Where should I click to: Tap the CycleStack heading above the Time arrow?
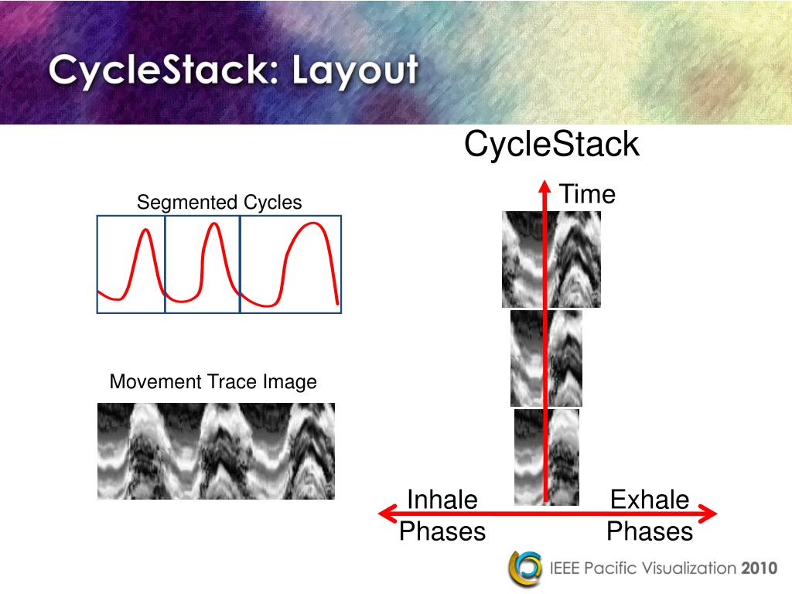[x=551, y=145]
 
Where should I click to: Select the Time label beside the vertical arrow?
[x=587, y=194]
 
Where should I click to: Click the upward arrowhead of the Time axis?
[x=545, y=186]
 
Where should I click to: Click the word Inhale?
[x=442, y=500]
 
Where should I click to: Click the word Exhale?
[x=649, y=500]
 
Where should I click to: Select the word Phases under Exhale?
[x=649, y=532]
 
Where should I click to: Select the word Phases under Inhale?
[x=442, y=532]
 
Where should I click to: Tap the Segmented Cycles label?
[x=219, y=203]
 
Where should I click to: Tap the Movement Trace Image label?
[x=213, y=382]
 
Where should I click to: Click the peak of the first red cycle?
[x=145, y=230]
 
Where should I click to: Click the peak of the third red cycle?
[x=313, y=224]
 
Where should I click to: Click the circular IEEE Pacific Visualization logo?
[x=525, y=568]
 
